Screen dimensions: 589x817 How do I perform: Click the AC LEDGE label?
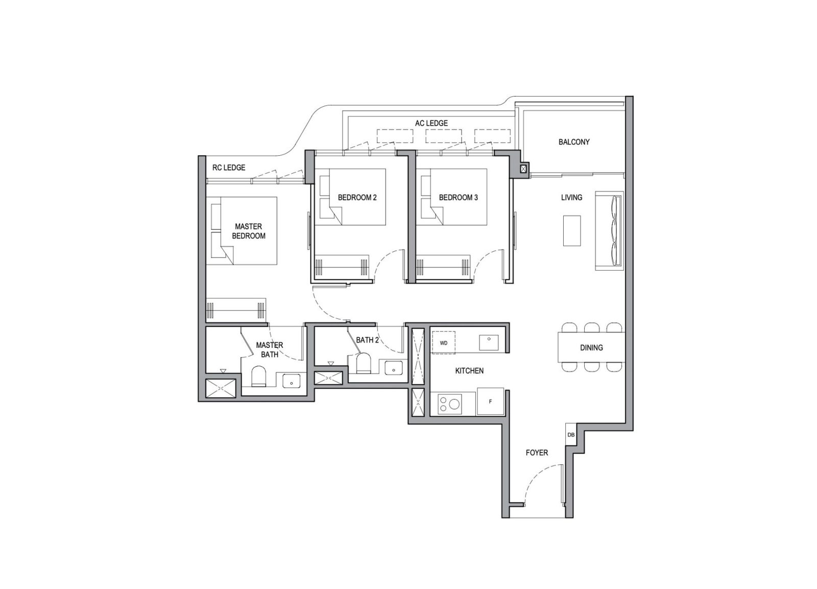coord(431,123)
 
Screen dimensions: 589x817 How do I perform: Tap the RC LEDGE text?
coord(229,168)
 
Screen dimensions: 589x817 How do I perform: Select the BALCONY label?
coord(574,142)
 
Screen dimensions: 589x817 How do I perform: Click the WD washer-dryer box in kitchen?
coord(444,343)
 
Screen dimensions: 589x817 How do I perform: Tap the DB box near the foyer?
coord(571,435)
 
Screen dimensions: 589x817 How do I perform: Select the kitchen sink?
coord(489,341)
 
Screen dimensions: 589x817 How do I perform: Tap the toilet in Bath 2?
coord(363,364)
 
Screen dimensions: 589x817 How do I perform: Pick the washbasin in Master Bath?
coord(291,381)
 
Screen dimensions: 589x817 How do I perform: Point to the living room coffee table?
coord(572,230)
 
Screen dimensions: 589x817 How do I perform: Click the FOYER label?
coord(537,453)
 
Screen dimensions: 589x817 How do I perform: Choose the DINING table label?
coord(591,347)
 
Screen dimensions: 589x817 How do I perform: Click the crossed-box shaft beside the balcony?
coord(523,169)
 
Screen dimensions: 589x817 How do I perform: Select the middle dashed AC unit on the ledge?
coord(444,136)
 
